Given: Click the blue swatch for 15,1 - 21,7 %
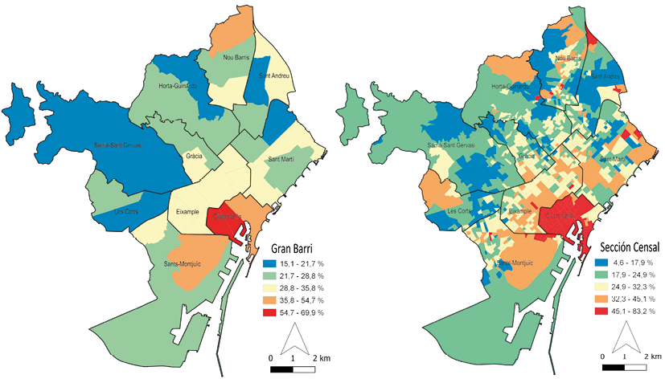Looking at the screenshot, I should [x=269, y=263].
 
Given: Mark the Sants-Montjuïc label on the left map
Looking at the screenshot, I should [x=182, y=263].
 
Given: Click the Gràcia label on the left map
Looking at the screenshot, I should [x=193, y=156].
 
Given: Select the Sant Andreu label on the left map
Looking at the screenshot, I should [x=273, y=77].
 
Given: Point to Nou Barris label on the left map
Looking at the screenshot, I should [x=237, y=58].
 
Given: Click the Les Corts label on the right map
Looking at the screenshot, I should [x=460, y=212].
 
